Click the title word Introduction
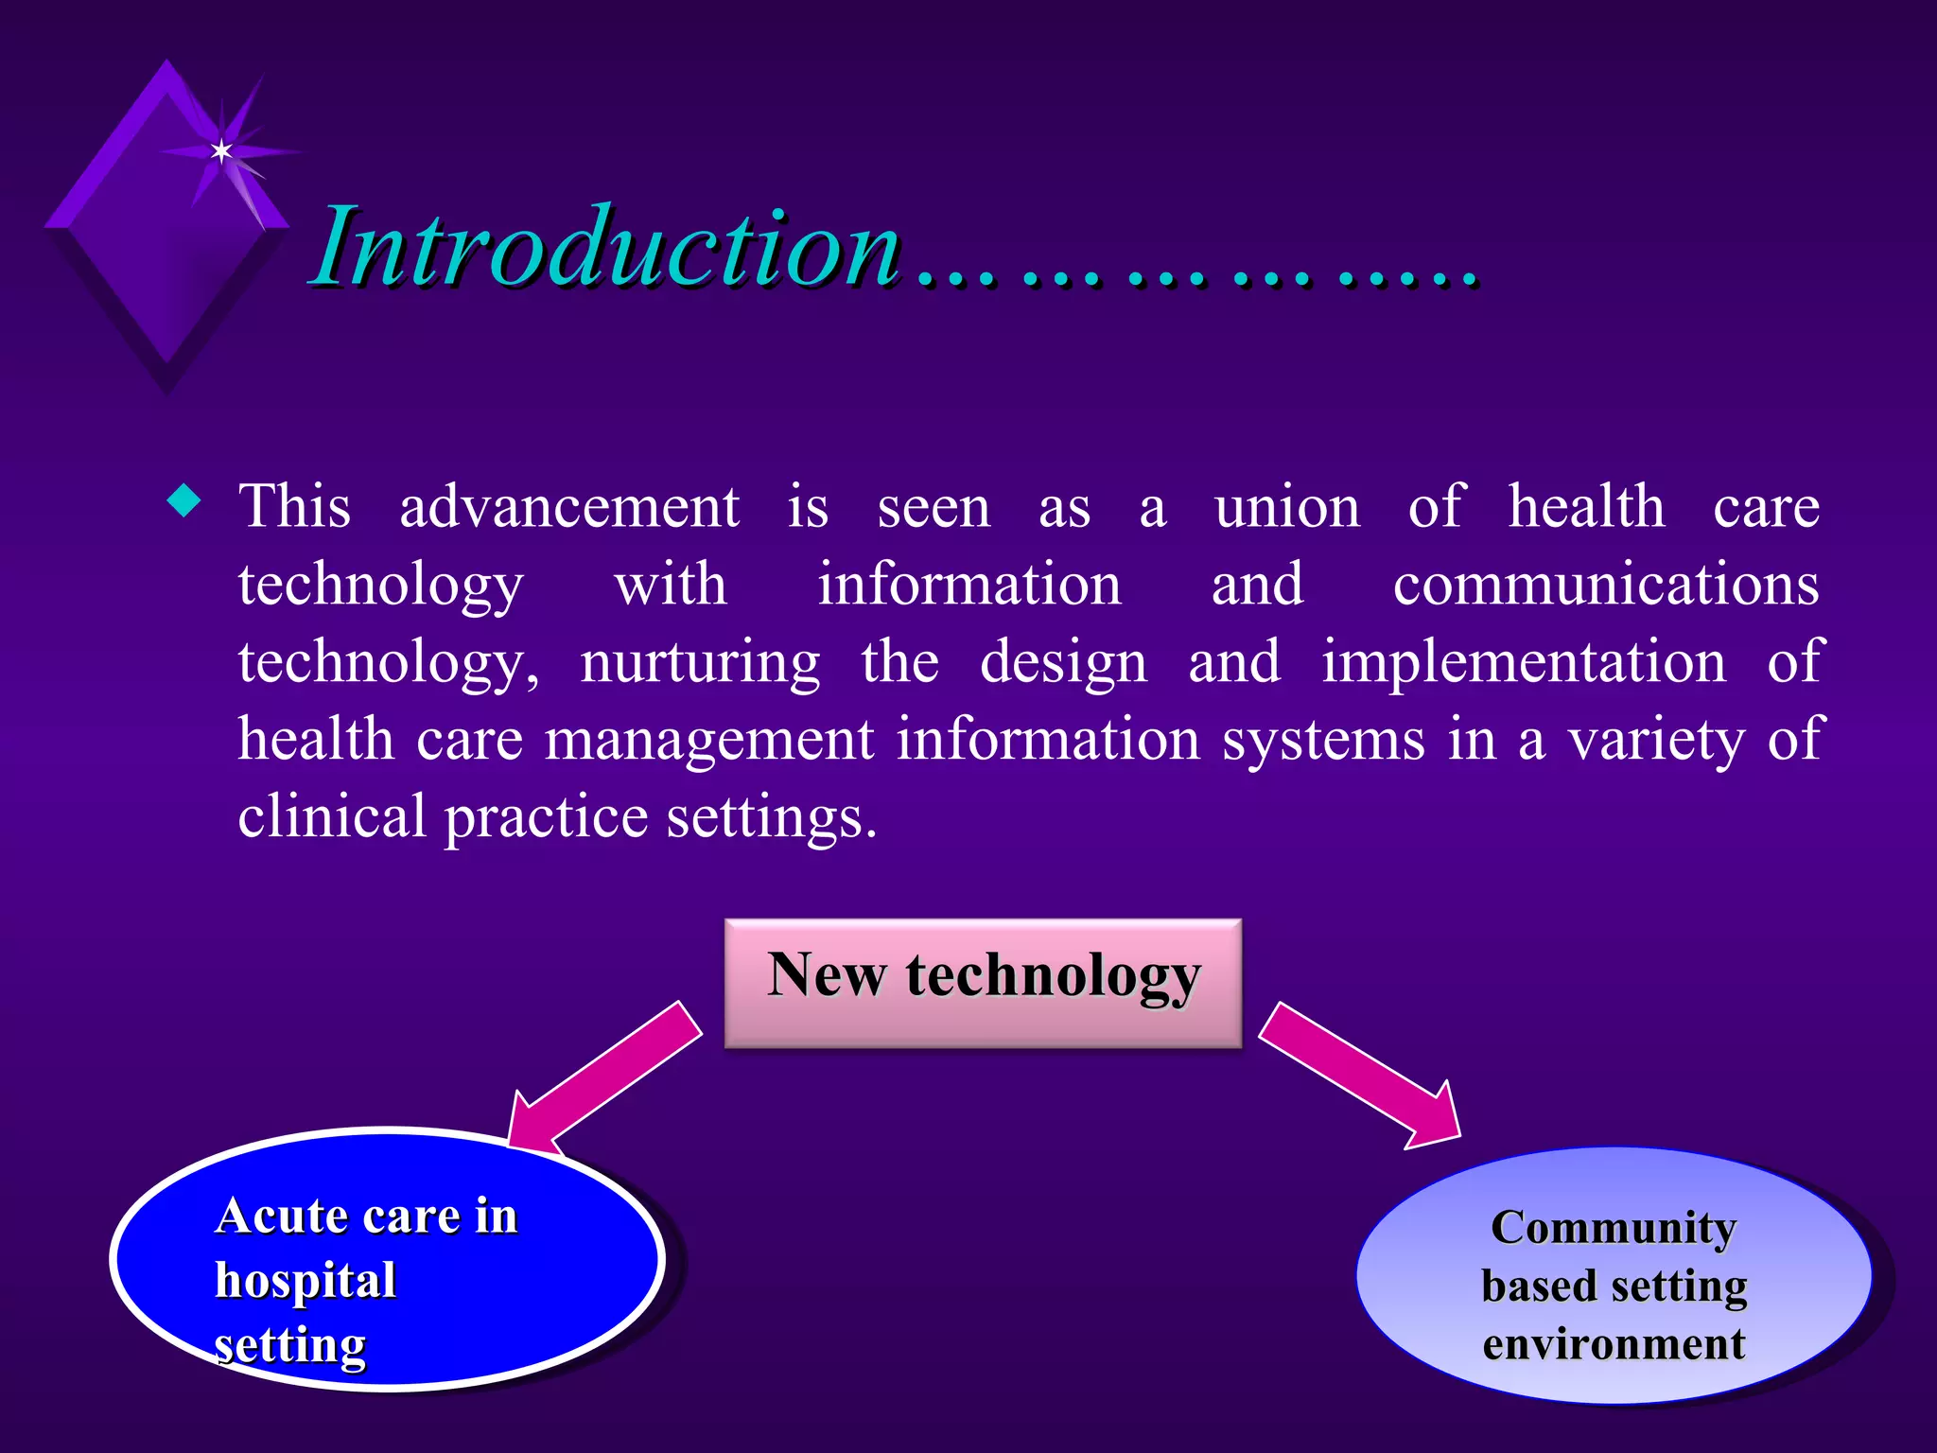point(605,248)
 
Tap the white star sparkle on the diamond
point(221,150)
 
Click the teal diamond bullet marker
point(183,501)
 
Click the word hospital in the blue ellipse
point(305,1281)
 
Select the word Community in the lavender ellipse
point(1614,1228)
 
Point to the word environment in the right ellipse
point(1614,1344)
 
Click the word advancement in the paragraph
point(568,507)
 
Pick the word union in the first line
point(1287,507)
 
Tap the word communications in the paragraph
point(1605,585)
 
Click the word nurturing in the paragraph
point(700,662)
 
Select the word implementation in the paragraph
point(1523,662)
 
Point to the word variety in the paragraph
point(1657,740)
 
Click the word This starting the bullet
point(294,507)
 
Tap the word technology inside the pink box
point(1053,976)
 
